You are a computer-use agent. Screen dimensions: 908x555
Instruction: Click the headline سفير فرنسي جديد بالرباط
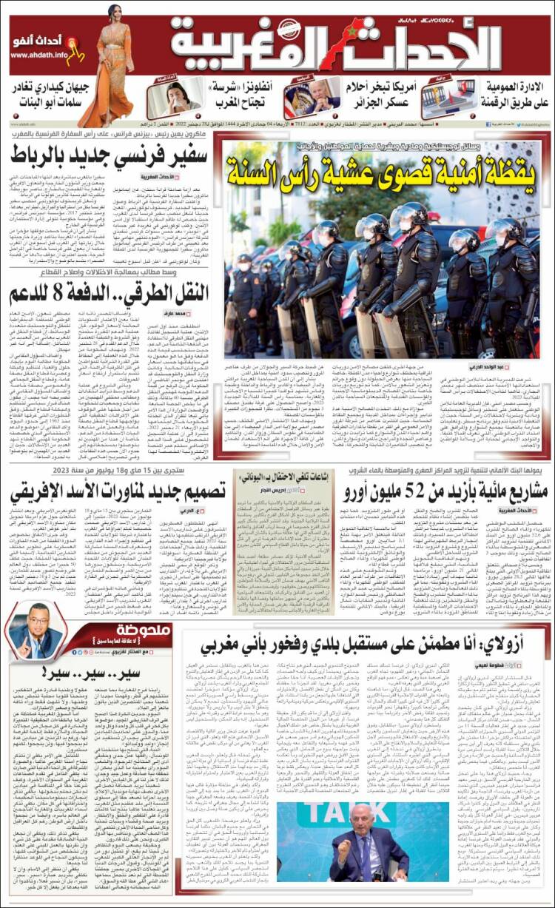click(x=111, y=156)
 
